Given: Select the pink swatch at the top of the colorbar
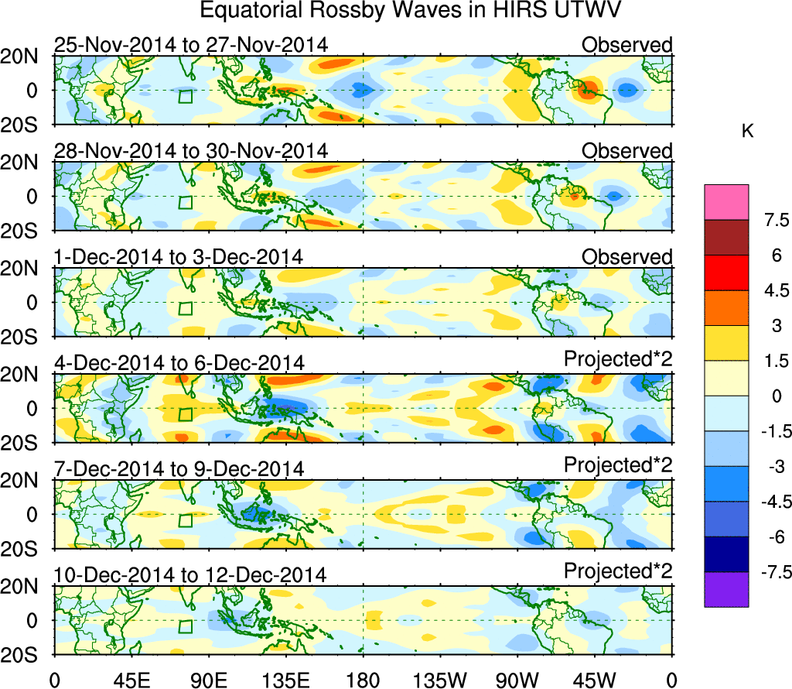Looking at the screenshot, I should pyautogui.click(x=726, y=201).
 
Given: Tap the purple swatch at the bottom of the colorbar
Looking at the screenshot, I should pyautogui.click(x=726, y=589).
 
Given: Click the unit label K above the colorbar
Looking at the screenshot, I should pyautogui.click(x=747, y=132).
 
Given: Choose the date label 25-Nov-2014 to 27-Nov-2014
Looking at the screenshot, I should pyautogui.click(x=190, y=45).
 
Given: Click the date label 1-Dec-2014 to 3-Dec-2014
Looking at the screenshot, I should pyautogui.click(x=178, y=256).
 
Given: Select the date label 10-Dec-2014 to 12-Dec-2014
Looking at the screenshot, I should pyautogui.click(x=190, y=575).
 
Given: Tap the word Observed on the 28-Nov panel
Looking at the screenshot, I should pyautogui.click(x=626, y=150).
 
